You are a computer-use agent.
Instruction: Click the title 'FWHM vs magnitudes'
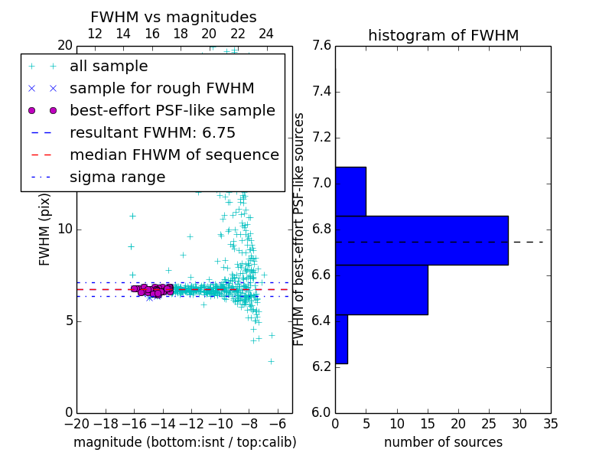(173, 17)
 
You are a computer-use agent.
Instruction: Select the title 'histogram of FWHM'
(443, 35)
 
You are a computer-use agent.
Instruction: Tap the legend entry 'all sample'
(109, 67)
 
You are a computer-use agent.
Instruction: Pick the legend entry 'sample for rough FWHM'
(161, 89)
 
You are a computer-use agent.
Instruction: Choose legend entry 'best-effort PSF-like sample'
(172, 111)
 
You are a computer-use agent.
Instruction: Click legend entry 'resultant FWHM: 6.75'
(152, 133)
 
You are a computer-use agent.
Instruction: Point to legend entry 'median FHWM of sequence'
(174, 155)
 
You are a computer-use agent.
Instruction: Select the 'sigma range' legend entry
(117, 177)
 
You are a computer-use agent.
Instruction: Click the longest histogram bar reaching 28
(422, 240)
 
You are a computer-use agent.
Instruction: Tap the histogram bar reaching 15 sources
(381, 289)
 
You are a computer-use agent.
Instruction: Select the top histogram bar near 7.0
(350, 191)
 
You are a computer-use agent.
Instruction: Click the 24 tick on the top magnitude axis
(265, 34)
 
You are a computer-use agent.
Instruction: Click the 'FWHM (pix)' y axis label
(45, 229)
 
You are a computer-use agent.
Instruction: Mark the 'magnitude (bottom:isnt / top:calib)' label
(184, 442)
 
